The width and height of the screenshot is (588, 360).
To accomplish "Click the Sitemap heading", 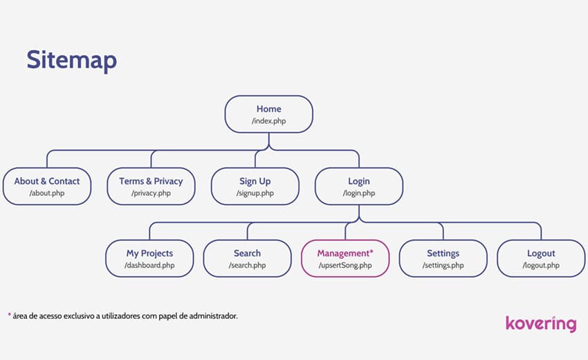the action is [72, 60].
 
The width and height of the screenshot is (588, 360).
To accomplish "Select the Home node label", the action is [269, 109].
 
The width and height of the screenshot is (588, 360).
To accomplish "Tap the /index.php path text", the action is [269, 121].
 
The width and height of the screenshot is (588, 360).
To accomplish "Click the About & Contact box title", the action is [47, 181].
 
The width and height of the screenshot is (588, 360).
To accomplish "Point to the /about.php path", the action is [47, 193].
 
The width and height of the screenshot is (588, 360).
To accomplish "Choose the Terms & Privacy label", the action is [151, 181].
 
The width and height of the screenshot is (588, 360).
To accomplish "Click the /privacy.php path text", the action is [151, 193].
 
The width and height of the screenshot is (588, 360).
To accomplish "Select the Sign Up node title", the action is [255, 181].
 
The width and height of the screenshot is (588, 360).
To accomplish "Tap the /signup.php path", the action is [255, 193].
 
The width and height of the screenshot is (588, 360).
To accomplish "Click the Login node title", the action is [359, 181].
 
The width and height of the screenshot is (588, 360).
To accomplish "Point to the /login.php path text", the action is [359, 193].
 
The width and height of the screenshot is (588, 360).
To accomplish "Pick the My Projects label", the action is [149, 253].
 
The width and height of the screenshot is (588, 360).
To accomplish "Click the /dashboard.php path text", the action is [149, 265].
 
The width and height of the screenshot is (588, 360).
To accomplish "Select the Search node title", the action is [247, 253].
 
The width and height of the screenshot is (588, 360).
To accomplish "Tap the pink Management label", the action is [345, 253].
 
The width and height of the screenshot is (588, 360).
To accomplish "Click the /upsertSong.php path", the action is [345, 265].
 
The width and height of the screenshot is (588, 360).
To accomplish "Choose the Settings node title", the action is [443, 253].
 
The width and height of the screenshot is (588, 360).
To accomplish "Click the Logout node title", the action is [541, 253].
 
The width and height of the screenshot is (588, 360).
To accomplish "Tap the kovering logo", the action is [541, 324].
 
